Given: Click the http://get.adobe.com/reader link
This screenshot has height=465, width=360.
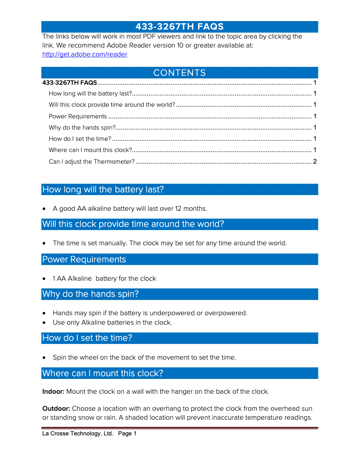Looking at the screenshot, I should coord(84,55).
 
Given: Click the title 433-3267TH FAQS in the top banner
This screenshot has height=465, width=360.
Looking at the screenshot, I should coord(180,27).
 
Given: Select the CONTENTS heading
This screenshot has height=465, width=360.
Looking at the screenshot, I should coord(180,73).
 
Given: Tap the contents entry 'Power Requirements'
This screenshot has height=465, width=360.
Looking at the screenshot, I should coord(78,116).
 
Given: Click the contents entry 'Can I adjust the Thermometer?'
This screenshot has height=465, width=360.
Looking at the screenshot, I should coord(92,161).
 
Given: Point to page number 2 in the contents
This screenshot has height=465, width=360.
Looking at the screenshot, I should coord(315,161).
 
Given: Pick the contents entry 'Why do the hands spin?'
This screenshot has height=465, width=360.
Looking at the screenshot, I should coord(82,127).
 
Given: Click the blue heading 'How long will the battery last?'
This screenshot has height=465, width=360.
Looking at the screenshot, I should coord(103,190).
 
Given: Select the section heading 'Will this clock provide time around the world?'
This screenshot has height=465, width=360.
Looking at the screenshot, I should coord(133,224).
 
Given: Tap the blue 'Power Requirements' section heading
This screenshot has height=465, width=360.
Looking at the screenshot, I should coord(84,260).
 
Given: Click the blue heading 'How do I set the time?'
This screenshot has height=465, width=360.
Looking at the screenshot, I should coord(87,338).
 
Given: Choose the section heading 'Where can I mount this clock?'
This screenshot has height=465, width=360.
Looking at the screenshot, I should coord(102,374).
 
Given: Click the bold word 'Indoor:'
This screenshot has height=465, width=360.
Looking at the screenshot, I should coord(53,391).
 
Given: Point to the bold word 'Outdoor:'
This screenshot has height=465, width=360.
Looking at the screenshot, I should coord(56,409).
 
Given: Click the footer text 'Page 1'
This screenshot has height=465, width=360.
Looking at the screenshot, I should coord(127,434).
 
